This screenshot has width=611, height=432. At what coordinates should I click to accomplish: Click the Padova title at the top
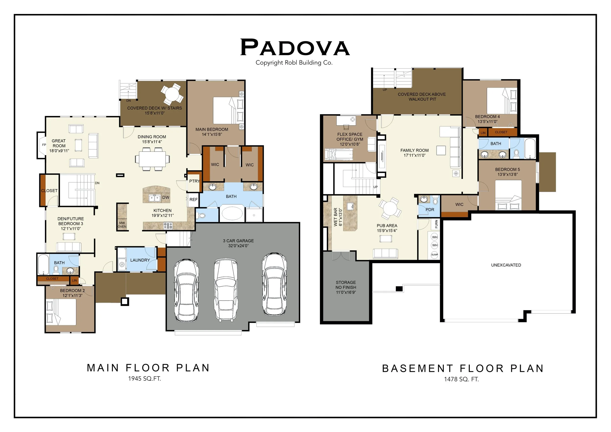[295, 47]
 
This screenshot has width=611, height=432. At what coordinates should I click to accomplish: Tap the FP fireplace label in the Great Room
[44, 145]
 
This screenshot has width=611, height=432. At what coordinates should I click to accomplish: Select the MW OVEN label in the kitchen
[122, 225]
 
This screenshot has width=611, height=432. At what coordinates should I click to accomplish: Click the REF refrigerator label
[194, 200]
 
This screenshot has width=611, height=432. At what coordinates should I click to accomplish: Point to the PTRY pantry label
[195, 181]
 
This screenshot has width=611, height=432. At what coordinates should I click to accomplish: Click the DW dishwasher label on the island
[166, 197]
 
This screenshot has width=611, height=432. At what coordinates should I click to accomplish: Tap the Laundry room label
[140, 260]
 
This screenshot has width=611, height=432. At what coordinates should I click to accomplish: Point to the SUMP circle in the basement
[435, 255]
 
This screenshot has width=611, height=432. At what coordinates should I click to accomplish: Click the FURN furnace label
[436, 224]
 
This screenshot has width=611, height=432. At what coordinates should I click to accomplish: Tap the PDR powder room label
[430, 210]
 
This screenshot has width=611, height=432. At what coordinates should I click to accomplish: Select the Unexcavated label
[506, 265]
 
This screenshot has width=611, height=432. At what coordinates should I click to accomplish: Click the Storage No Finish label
[346, 287]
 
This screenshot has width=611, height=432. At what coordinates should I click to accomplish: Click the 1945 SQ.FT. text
[144, 378]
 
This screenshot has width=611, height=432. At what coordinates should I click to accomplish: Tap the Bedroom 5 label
[507, 169]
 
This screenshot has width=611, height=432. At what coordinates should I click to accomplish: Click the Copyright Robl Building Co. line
[294, 63]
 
